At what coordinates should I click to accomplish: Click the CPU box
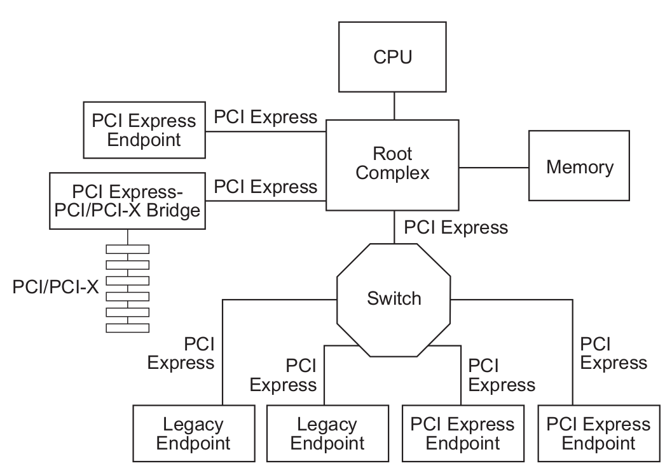(394, 57)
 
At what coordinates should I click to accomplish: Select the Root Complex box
(392, 164)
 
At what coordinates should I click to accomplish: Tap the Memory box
(580, 168)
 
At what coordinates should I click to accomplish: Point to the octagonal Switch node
(394, 298)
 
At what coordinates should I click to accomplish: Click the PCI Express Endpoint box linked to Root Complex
(145, 130)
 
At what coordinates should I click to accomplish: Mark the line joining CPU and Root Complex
(394, 105)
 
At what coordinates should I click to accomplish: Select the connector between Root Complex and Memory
(494, 168)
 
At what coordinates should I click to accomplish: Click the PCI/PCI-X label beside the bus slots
(56, 287)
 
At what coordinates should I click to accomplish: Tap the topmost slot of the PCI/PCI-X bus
(128, 249)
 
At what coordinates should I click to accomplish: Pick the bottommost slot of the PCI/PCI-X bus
(128, 327)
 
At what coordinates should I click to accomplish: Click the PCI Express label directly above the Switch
(456, 227)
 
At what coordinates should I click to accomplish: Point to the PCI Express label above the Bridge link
(265, 187)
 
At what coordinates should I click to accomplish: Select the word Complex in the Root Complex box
(392, 173)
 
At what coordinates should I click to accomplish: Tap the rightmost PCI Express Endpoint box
(598, 433)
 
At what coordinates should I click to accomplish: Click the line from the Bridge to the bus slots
(128, 236)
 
